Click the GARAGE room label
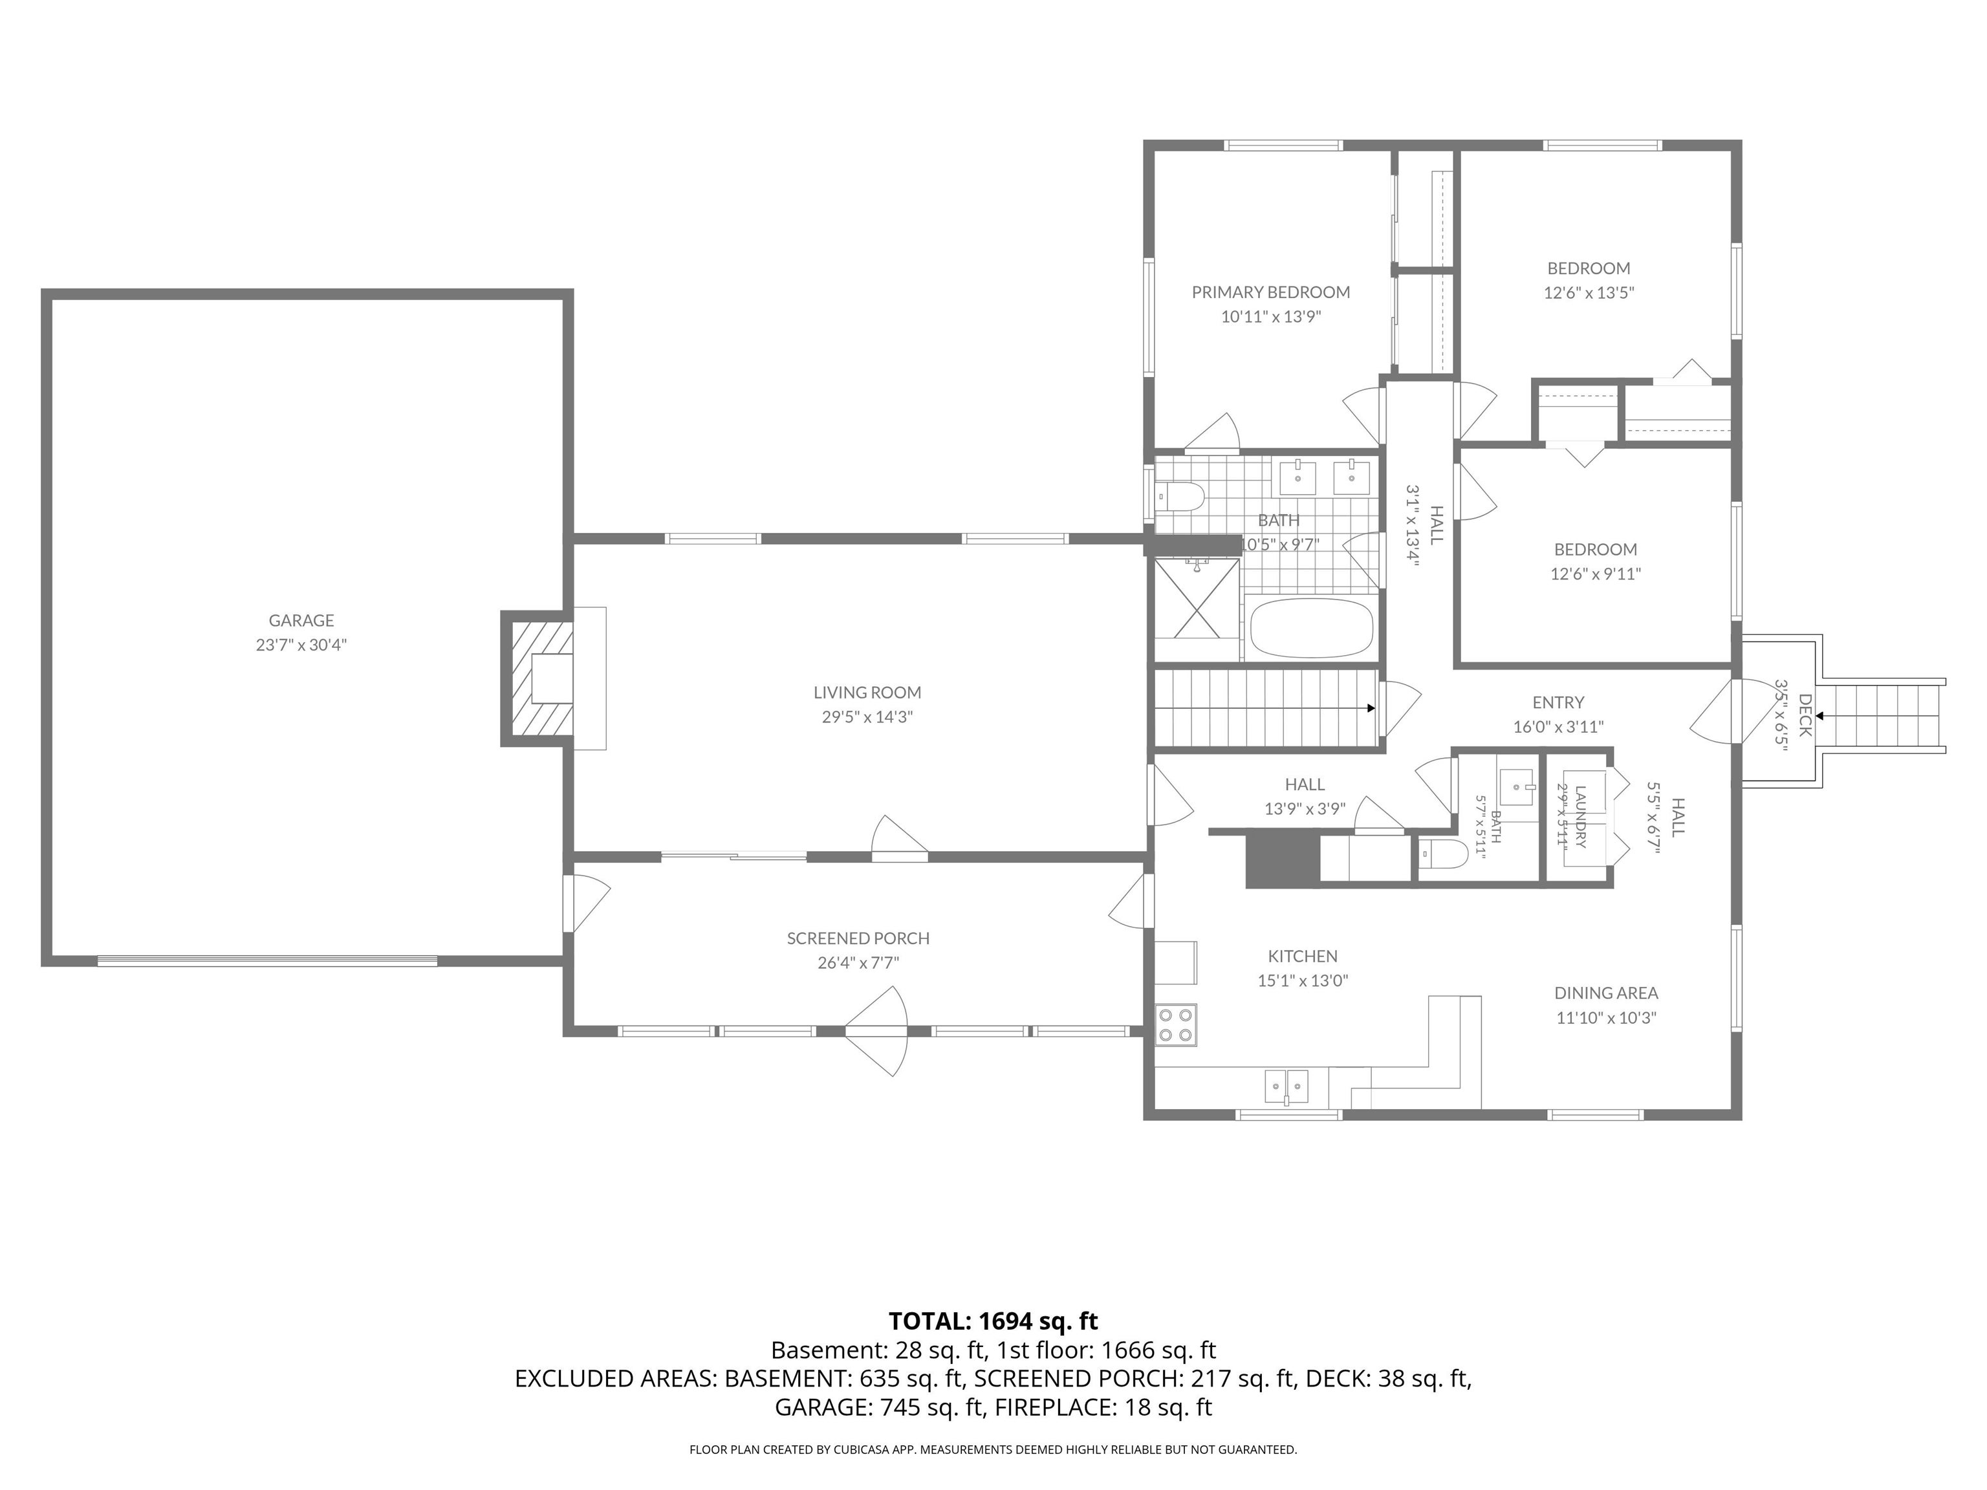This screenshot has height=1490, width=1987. (x=301, y=620)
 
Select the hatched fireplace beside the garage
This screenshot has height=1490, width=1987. (x=537, y=679)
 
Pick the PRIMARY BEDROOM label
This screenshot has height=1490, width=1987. (x=1270, y=292)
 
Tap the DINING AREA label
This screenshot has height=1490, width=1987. (x=1606, y=993)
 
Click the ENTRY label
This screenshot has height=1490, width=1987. (x=1558, y=702)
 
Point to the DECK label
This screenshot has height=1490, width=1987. (x=1805, y=715)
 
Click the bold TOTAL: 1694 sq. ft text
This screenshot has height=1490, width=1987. (x=993, y=1321)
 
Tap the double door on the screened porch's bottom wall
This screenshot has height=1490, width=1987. (x=876, y=1031)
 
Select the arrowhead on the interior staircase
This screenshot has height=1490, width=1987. (x=1371, y=707)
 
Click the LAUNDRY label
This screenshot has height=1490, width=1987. (x=1581, y=816)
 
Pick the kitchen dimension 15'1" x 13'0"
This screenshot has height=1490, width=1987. (x=1303, y=981)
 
